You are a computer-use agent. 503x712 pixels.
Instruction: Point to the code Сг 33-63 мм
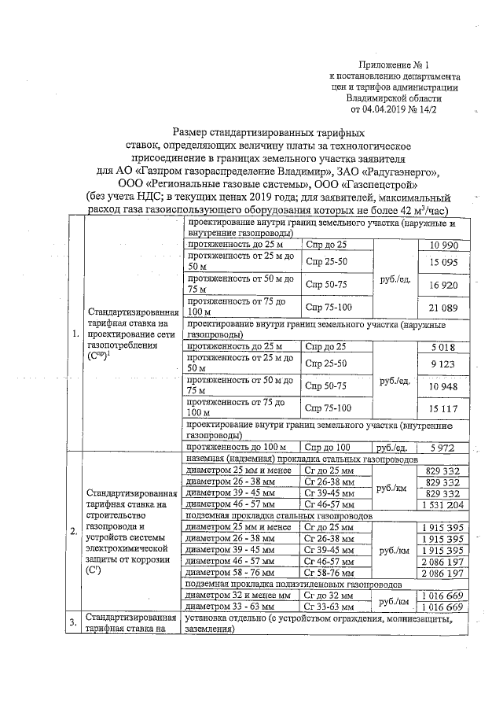(331, 607)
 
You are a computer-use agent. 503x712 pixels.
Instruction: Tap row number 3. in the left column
(75, 624)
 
